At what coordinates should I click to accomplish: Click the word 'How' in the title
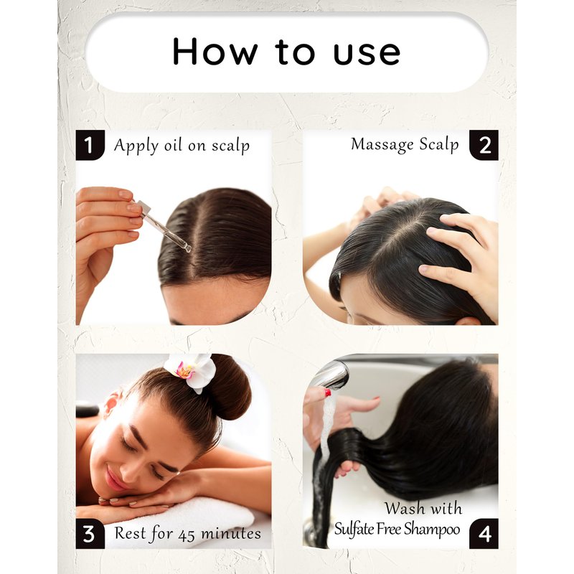point(215,51)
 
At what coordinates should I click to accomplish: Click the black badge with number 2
point(484,145)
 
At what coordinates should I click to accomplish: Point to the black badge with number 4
point(484,533)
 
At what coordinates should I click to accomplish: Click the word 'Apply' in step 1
point(136,146)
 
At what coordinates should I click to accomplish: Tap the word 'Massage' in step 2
point(382,144)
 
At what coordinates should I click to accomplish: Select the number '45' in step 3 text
point(187,535)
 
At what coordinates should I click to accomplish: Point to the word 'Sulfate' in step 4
point(354,529)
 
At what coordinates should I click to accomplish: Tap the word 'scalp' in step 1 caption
point(230,146)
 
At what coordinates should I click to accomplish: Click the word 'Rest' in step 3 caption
point(131,533)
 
